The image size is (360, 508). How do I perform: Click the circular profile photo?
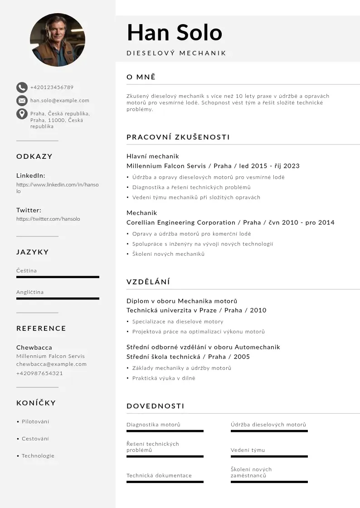[58, 40]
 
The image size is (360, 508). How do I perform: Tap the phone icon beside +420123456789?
[22, 87]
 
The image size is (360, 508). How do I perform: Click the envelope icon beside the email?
[22, 100]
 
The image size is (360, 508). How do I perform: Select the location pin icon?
[22, 113]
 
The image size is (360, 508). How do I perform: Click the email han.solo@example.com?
[60, 100]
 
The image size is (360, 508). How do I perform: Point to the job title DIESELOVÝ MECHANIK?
[176, 53]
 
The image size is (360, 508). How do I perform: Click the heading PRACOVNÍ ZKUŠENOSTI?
[178, 137]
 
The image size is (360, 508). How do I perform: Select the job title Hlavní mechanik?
[153, 156]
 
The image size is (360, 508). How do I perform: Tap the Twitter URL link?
[48, 219]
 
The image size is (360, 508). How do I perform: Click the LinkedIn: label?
[31, 176]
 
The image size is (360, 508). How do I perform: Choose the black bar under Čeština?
[58, 277]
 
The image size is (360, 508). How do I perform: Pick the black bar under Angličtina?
[58, 298]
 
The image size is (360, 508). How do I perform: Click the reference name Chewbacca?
[34, 347]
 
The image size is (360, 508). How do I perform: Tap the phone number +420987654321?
[39, 373]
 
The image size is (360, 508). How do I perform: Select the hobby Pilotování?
[35, 421]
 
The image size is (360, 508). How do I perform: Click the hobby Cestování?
[35, 439]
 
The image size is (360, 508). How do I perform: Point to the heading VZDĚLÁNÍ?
[148, 282]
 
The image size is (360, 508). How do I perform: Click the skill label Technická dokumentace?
[159, 475]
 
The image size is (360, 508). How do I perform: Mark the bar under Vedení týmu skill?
[269, 456]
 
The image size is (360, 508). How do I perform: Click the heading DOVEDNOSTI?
[156, 406]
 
